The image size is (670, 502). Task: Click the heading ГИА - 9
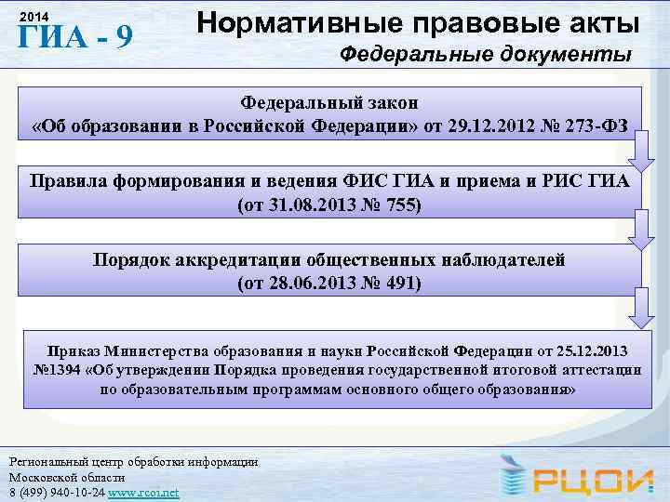74,38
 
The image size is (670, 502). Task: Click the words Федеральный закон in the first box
330,100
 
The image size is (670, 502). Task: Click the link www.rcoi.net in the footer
143,491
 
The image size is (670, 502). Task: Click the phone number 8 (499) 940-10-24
54,491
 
